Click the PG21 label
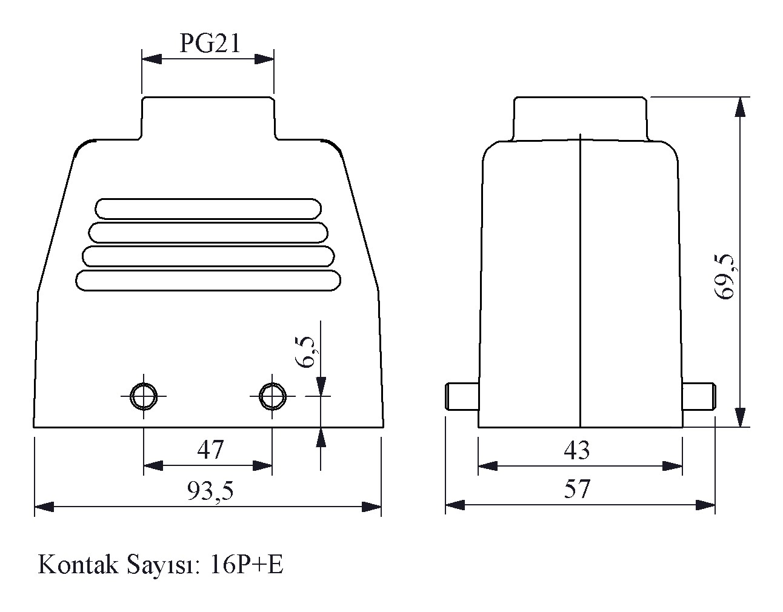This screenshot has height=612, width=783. (x=210, y=43)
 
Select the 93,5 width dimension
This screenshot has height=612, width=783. (x=210, y=490)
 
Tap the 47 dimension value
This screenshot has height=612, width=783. (x=210, y=450)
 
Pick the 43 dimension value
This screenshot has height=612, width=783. (x=576, y=450)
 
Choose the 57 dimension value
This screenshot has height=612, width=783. (x=578, y=488)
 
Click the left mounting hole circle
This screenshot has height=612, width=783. (x=144, y=396)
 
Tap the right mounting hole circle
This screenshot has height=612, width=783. (x=272, y=396)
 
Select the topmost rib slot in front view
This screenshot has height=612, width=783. (x=208, y=208)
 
